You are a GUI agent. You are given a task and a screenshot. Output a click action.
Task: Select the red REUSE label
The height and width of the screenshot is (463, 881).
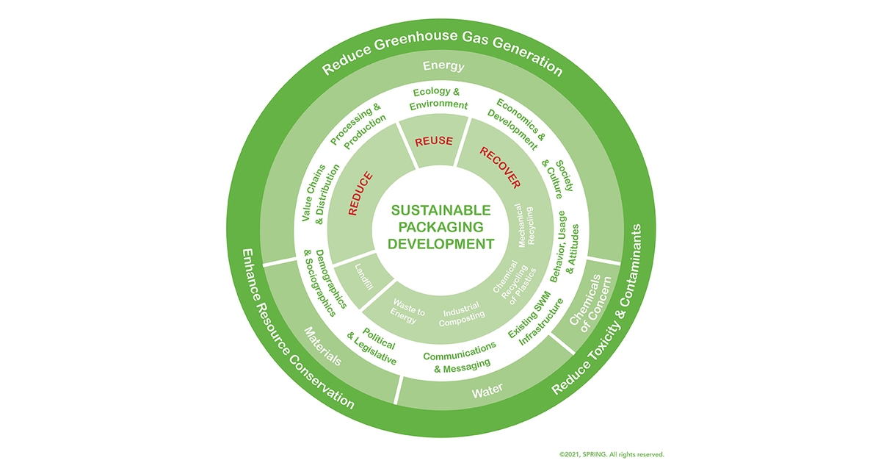point(434,141)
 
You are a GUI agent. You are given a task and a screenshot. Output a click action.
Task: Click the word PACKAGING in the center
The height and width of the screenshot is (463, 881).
point(439,228)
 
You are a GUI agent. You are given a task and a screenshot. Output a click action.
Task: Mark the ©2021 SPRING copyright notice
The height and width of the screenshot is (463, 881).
point(611,454)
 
